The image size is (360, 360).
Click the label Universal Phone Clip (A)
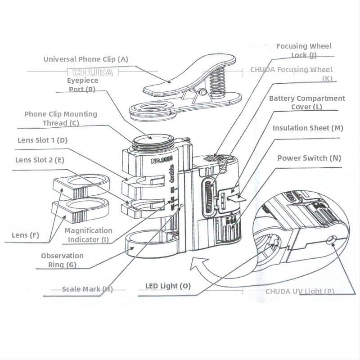[x=85, y=59]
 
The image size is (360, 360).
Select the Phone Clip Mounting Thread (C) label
[x=61, y=118]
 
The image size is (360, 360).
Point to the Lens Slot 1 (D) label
[x=43, y=140]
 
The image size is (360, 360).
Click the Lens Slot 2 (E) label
[x=40, y=160]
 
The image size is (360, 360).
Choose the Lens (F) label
[x=25, y=235]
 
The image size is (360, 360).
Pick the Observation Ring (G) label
[x=62, y=260]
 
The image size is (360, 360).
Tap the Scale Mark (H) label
[x=87, y=289]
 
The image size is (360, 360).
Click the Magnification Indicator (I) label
[x=88, y=235]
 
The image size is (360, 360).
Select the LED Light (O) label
[x=168, y=286]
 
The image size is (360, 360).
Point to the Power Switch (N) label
[x=309, y=158]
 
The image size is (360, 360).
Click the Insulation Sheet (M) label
[x=308, y=128]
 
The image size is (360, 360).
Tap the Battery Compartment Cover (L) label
[x=307, y=102]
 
